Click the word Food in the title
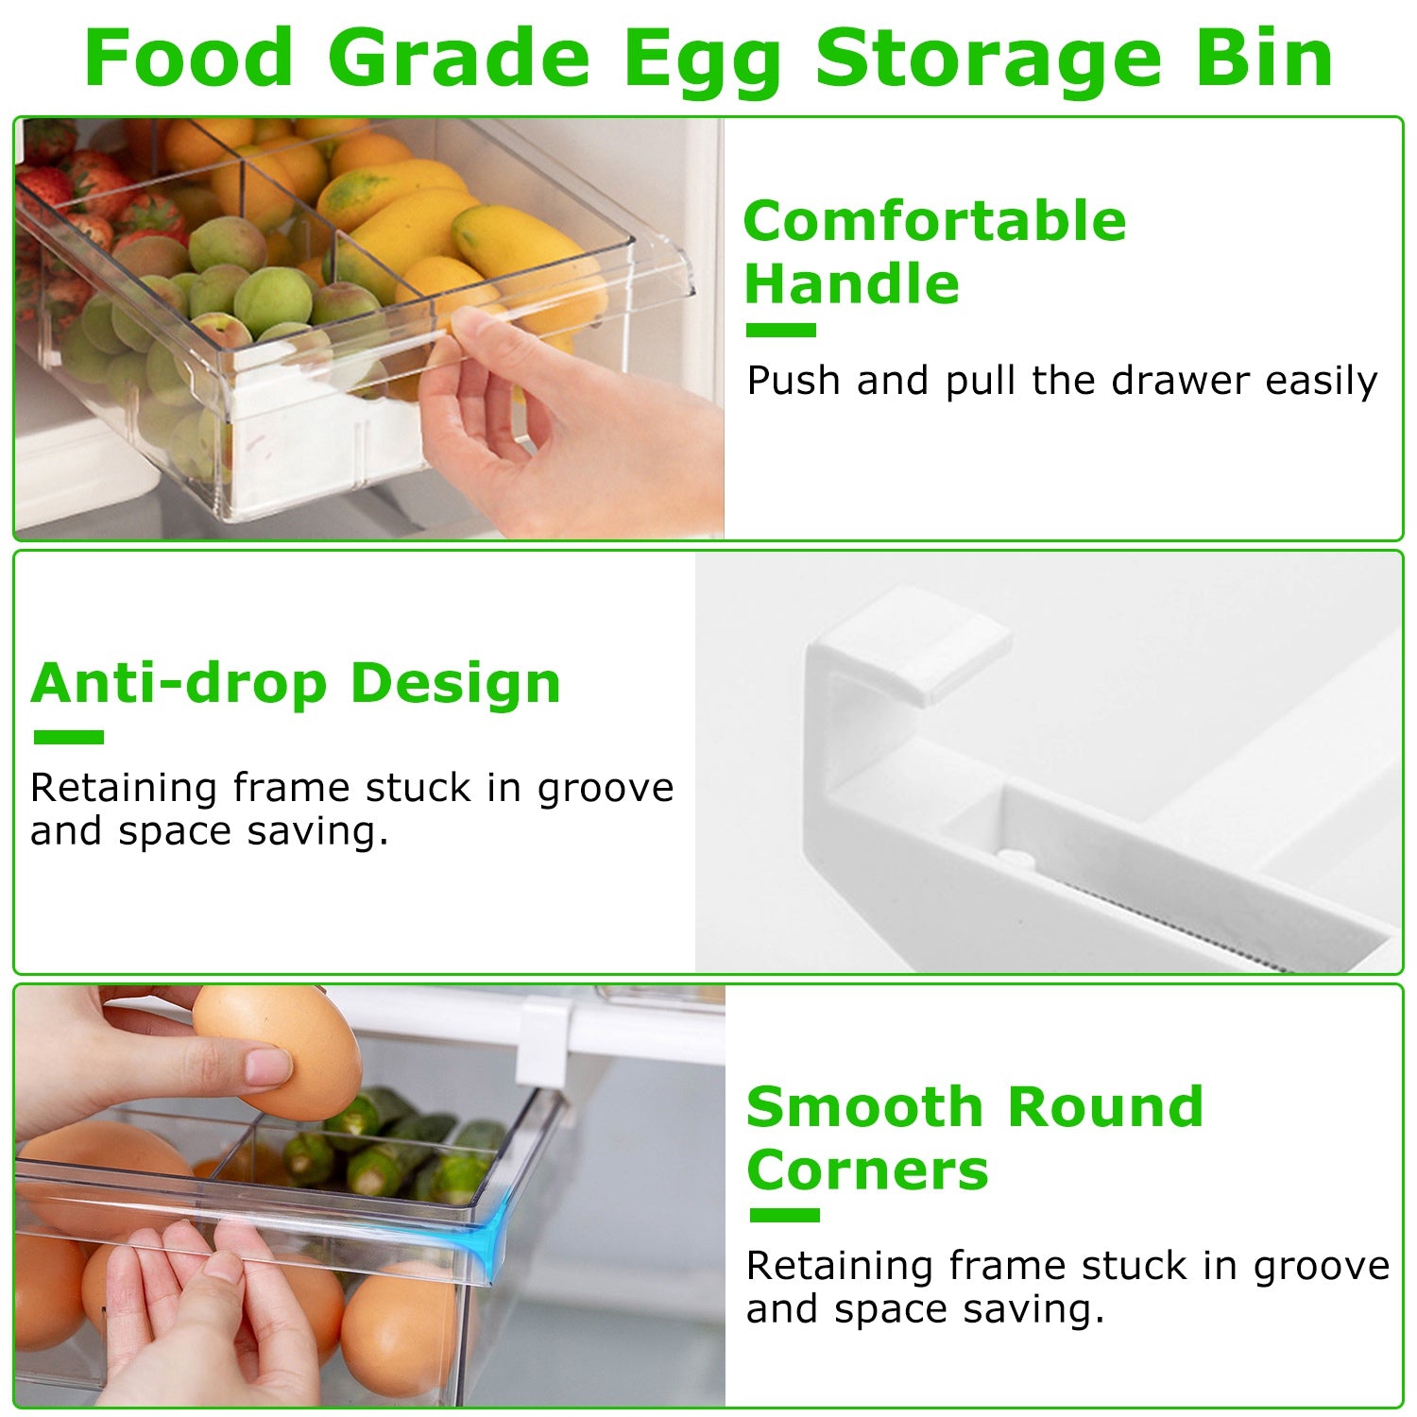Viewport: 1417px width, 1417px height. point(189,59)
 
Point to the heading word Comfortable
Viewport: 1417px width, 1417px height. point(934,223)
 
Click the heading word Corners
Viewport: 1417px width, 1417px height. point(867,1171)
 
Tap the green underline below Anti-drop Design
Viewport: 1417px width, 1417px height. point(68,737)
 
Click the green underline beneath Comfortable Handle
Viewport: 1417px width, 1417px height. point(780,330)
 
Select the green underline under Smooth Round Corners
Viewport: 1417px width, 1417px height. point(784,1215)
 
